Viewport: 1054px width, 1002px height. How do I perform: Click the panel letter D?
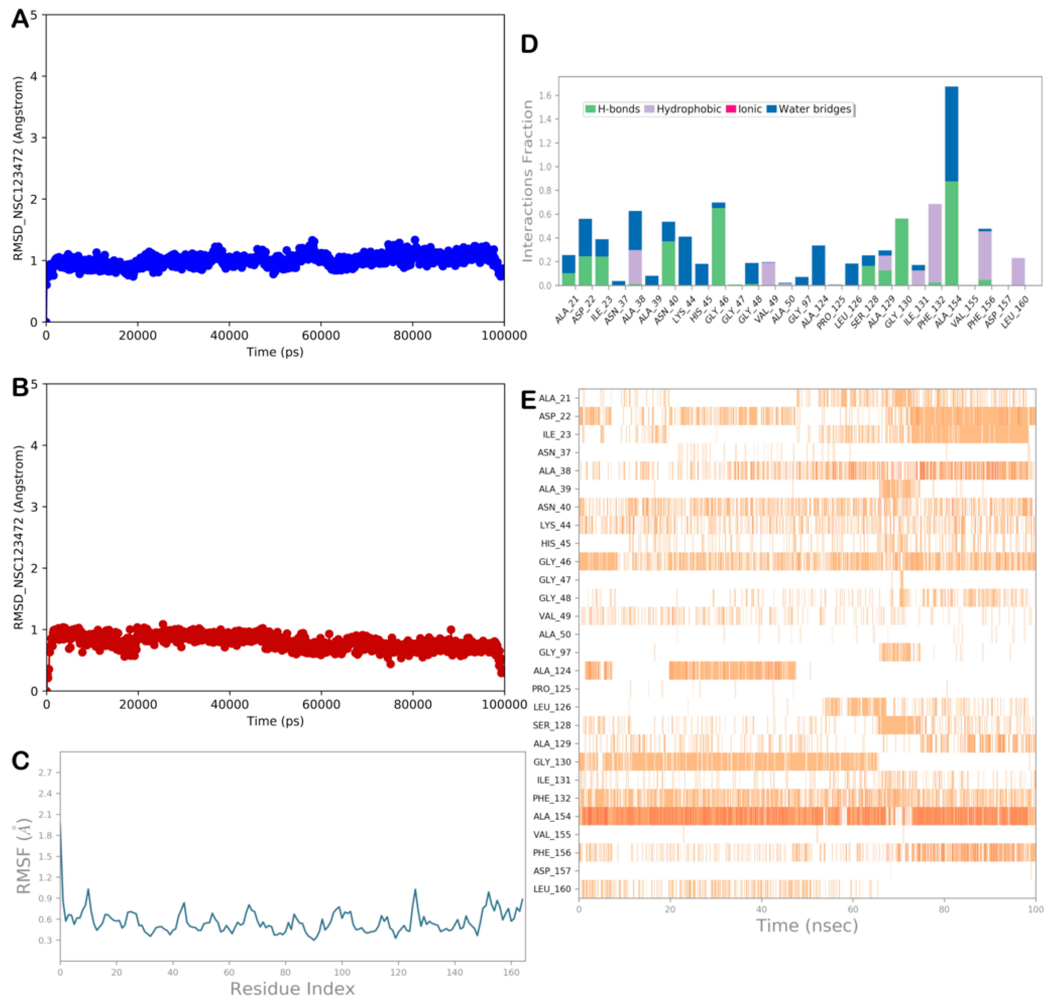click(x=529, y=44)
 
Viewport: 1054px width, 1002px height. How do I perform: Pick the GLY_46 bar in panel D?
click(x=718, y=246)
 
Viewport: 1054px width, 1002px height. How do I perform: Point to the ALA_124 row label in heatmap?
click(x=552, y=670)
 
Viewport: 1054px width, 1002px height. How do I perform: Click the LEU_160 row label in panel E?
click(x=552, y=889)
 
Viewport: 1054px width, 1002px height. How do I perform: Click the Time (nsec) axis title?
click(x=806, y=925)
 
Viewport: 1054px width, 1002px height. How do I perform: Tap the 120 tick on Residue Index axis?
click(x=398, y=972)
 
